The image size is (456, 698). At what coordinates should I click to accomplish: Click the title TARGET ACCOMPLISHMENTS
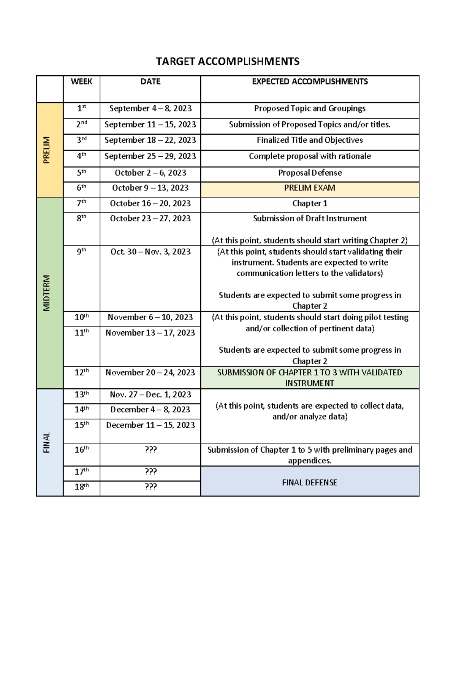(228, 61)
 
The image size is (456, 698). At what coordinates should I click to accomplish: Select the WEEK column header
(81, 81)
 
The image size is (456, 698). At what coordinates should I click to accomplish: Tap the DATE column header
(150, 81)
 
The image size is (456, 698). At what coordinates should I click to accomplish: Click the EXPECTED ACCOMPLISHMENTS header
(310, 81)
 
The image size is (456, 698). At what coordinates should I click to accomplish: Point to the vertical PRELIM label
(47, 150)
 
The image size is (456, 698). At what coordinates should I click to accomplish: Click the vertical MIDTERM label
(47, 293)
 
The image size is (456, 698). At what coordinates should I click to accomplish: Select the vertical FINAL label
(47, 442)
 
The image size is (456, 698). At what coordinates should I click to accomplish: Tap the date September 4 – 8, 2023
(150, 108)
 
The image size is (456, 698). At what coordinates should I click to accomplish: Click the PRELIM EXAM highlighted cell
(310, 188)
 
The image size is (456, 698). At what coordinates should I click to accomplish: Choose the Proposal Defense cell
(310, 173)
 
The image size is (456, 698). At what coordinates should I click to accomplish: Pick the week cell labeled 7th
(81, 203)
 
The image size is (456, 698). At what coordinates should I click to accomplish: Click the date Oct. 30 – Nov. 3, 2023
(150, 252)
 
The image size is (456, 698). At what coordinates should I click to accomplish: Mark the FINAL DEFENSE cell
(310, 482)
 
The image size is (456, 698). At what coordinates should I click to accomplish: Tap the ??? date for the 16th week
(150, 450)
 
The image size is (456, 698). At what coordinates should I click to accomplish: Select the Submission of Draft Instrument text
(310, 218)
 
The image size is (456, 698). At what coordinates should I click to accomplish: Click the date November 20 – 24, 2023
(150, 372)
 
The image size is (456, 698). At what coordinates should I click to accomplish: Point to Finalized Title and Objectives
(310, 140)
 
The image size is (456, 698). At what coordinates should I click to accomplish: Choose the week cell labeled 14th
(81, 410)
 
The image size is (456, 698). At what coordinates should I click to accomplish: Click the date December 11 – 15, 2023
(150, 425)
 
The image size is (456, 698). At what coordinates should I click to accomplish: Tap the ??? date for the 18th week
(150, 487)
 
